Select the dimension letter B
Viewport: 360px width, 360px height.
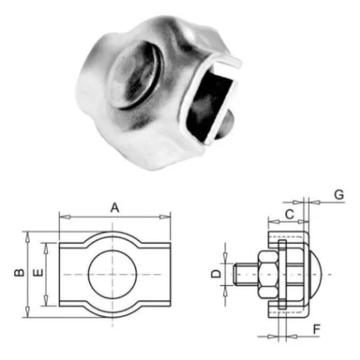(18, 273)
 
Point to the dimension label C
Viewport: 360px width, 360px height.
(289, 213)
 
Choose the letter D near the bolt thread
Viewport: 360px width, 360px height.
(214, 274)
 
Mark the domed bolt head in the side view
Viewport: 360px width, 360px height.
(315, 274)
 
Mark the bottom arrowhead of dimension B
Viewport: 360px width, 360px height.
(29, 312)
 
